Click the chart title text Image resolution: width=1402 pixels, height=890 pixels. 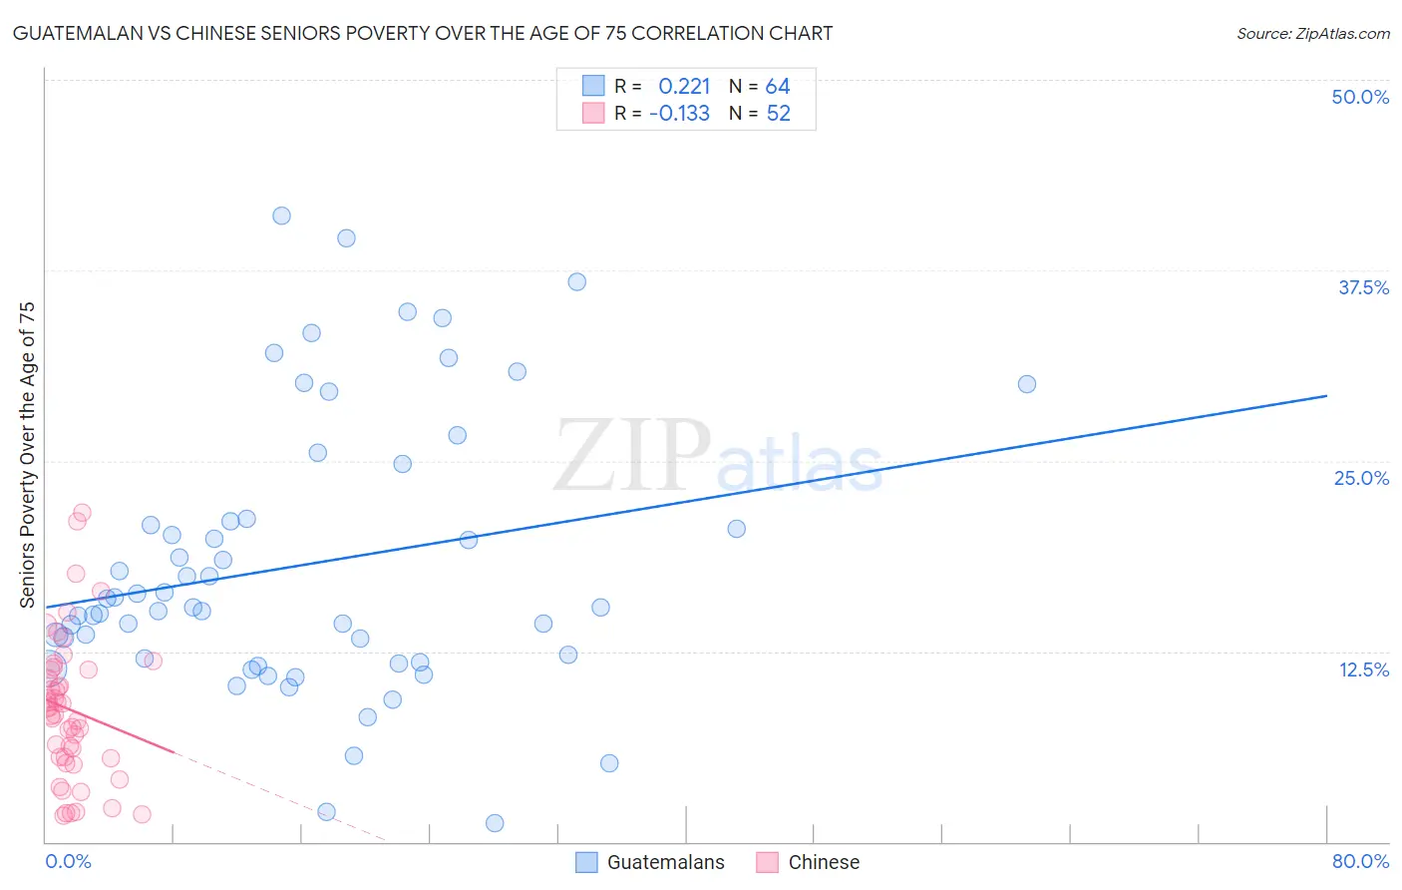tap(422, 33)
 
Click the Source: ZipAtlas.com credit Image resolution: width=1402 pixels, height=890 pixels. tap(1312, 33)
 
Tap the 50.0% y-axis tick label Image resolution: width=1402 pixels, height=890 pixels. tap(1360, 97)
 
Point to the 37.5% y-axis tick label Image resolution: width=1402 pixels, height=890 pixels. tap(1363, 287)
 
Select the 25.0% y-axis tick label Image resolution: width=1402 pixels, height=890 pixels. tap(1361, 478)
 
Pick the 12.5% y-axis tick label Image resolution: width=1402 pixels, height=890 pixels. tap(1363, 669)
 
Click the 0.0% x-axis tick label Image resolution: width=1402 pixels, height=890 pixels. tap(68, 861)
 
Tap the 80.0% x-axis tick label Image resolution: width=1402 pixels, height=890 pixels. tap(1360, 861)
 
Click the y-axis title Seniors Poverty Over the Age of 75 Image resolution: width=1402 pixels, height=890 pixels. tap(27, 455)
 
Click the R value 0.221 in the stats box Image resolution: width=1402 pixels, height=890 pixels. tap(684, 87)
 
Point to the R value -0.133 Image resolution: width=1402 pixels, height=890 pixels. tap(679, 114)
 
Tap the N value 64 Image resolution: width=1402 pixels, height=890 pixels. tap(778, 87)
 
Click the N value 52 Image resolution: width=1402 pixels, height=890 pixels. tap(778, 114)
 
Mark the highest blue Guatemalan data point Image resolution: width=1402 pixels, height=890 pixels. tap(282, 216)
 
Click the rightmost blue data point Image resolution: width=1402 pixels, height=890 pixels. tap(1027, 384)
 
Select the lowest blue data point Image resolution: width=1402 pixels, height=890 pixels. tap(495, 823)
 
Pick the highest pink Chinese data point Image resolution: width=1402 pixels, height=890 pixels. tap(83, 513)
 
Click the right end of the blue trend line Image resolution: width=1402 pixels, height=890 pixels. tap(1326, 396)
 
